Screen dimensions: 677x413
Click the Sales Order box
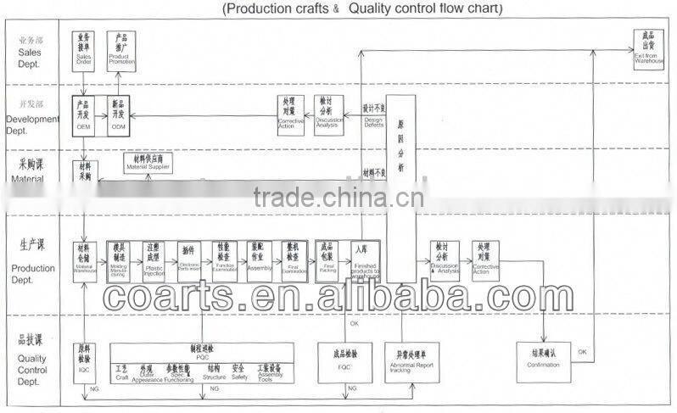pos(82,48)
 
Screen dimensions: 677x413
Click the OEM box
pos(82,114)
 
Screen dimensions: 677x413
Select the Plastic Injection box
pos(154,258)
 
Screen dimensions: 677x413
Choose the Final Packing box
pos(329,258)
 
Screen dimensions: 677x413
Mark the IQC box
pos(83,360)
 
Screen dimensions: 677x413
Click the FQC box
pos(345,359)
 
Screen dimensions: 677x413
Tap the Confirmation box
pos(544,360)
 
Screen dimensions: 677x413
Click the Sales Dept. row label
pos(29,47)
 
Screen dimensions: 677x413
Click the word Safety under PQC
pos(238,377)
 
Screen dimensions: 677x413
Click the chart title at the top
pos(363,9)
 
